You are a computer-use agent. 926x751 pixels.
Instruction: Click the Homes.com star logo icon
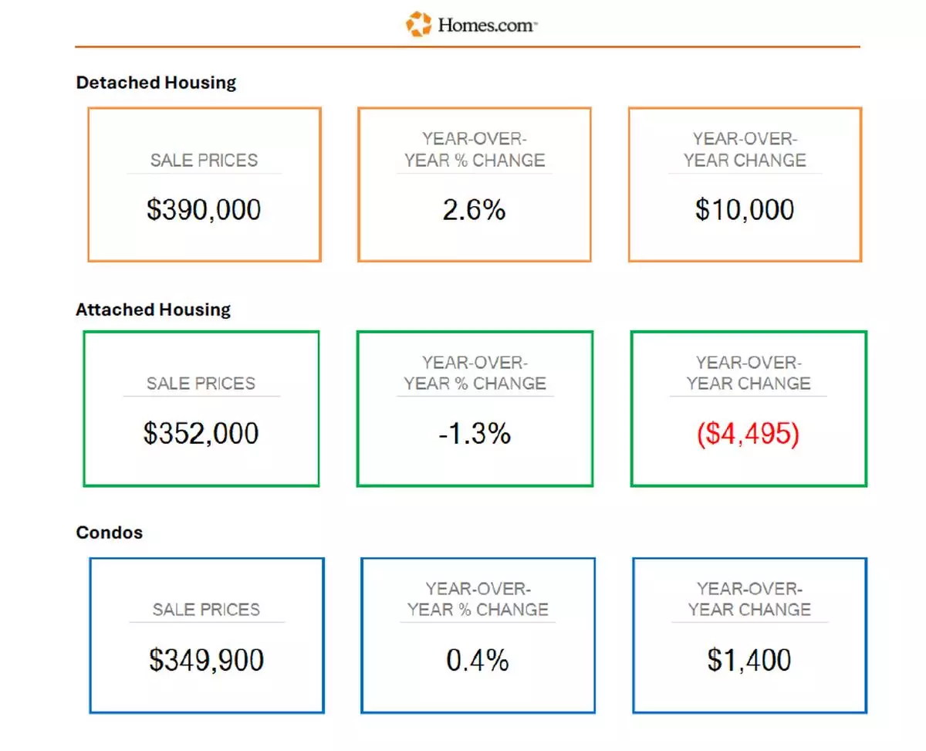tap(419, 24)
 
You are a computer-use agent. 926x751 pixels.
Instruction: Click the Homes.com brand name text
tap(487, 25)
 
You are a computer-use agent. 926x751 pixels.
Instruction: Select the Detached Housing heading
tap(156, 83)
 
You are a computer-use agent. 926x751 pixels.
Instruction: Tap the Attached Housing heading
tap(153, 310)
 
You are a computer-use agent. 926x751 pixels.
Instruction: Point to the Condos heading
tap(109, 533)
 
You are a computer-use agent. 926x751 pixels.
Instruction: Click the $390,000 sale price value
tap(204, 210)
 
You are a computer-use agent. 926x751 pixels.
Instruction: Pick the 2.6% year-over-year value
tap(474, 210)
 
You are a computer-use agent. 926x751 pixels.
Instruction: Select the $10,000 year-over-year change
tap(744, 210)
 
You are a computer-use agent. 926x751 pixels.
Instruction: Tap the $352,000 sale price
tap(201, 434)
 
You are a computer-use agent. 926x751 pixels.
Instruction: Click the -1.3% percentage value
tap(474, 434)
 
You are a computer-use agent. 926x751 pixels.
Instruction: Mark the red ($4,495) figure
tap(748, 434)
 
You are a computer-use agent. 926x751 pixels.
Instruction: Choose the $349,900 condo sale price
tap(206, 660)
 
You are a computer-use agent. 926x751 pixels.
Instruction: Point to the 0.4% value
tap(477, 660)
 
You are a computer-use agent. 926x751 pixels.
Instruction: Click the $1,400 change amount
tap(749, 660)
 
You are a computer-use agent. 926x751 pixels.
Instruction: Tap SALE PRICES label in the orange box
tap(204, 161)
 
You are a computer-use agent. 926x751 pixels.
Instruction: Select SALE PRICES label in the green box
tap(201, 384)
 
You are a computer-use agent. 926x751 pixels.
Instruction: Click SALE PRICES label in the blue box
tap(206, 610)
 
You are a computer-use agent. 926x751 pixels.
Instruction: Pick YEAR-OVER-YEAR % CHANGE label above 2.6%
tap(474, 150)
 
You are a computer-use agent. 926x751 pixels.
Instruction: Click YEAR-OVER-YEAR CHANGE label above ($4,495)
tap(748, 373)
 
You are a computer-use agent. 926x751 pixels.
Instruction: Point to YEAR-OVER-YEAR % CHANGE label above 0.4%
tap(477, 599)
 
